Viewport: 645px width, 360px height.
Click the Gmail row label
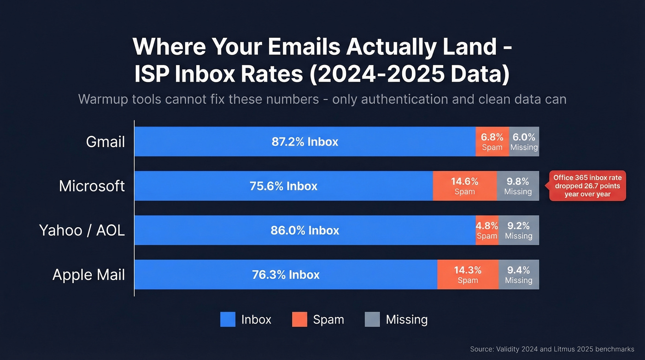[106, 142]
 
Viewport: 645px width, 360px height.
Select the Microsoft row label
[92, 186]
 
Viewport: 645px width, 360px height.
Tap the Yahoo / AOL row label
[82, 230]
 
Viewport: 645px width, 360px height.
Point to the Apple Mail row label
[89, 275]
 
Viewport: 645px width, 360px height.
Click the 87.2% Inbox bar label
[305, 142]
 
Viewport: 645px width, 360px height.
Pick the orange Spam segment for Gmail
[492, 142]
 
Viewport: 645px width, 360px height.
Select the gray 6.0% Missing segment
[524, 142]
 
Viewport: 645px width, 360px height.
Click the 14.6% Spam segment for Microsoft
[464, 186]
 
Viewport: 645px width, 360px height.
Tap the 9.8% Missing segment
[518, 186]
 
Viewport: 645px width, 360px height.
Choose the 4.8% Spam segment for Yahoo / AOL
[487, 230]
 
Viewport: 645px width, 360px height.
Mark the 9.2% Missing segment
[518, 230]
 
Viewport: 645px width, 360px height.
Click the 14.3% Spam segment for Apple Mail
[468, 275]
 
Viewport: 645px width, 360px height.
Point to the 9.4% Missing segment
[518, 275]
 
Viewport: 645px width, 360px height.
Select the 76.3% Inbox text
[286, 275]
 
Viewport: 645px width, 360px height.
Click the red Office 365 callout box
[587, 186]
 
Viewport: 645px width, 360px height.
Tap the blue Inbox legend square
[228, 319]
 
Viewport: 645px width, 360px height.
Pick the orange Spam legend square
[299, 319]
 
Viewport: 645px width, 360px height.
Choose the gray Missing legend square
[372, 319]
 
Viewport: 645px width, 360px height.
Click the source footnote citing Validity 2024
[552, 349]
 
